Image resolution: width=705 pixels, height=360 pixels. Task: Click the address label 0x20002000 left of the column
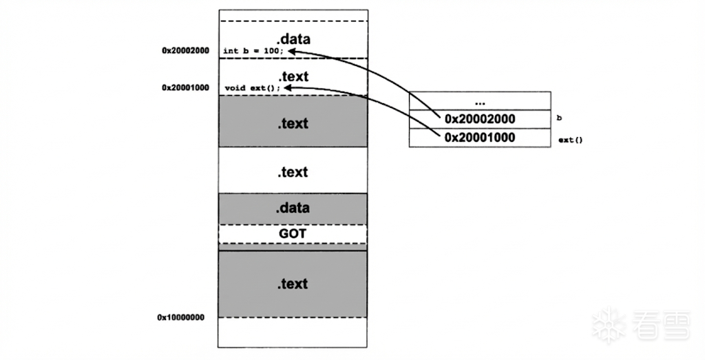point(185,50)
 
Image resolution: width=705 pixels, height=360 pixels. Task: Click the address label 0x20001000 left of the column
point(185,87)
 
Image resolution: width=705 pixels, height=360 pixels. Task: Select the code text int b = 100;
point(253,51)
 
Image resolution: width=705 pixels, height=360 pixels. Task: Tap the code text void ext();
point(252,88)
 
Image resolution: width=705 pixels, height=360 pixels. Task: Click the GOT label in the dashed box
point(293,234)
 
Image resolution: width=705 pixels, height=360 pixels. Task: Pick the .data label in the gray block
point(293,208)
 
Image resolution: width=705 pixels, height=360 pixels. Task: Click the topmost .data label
point(293,39)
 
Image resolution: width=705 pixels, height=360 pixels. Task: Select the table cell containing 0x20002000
point(480,119)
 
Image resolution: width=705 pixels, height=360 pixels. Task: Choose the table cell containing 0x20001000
point(480,138)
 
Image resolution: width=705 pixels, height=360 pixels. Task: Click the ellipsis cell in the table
point(480,100)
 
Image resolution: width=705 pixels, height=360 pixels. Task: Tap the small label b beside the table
point(559,118)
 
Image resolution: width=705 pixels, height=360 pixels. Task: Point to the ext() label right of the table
point(570,140)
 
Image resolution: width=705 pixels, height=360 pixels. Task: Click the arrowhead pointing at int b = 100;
point(292,50)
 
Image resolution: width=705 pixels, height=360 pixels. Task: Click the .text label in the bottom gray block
point(293,284)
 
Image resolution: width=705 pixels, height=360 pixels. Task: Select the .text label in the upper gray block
point(293,124)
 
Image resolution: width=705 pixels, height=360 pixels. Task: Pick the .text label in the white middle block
point(293,172)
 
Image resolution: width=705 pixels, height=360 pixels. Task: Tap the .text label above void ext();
point(293,76)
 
